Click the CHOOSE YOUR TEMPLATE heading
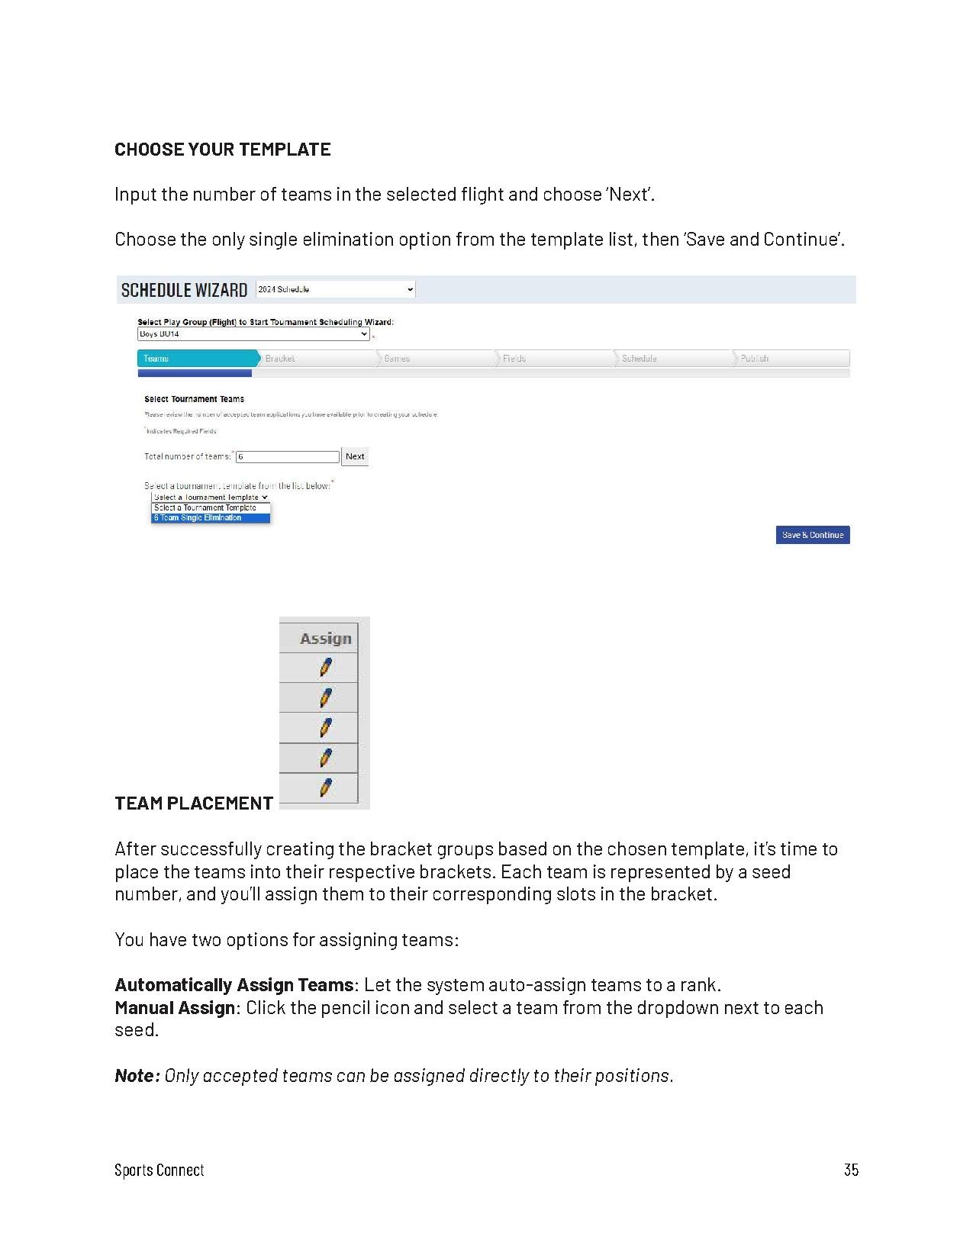click(x=222, y=150)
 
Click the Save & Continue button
click(x=812, y=535)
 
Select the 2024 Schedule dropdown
click(x=335, y=289)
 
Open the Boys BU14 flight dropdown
click(x=253, y=334)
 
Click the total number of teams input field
click(x=287, y=457)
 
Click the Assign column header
click(x=325, y=639)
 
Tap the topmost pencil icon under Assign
click(x=326, y=668)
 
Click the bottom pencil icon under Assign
click(x=326, y=787)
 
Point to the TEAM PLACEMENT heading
click(x=194, y=803)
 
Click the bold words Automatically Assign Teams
click(x=234, y=985)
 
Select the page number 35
click(x=851, y=1170)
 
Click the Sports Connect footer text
click(x=159, y=1170)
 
